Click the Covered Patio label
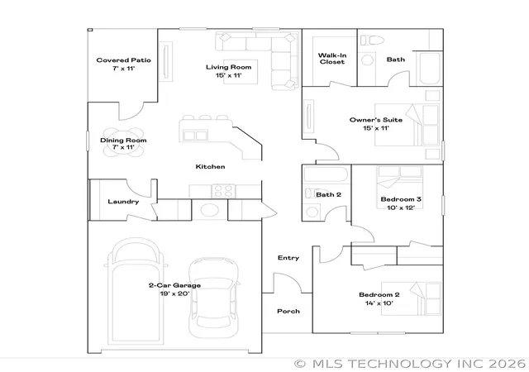coord(123,60)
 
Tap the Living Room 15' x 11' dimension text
coord(229,75)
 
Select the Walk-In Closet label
coord(332,59)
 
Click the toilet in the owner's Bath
coord(373,41)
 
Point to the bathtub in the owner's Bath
coord(429,68)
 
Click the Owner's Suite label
coord(376,120)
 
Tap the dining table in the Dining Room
coord(123,142)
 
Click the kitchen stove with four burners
coord(223,191)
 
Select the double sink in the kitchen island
coord(195,136)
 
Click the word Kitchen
coord(210,166)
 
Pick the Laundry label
coord(123,202)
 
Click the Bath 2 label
coord(328,194)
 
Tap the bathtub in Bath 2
coord(325,174)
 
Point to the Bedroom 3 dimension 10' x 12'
coord(401,207)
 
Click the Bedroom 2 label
coord(379,294)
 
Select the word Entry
coord(288,258)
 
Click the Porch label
coord(288,311)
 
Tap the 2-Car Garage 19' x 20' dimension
coord(174,293)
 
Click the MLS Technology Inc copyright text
coord(410,364)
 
